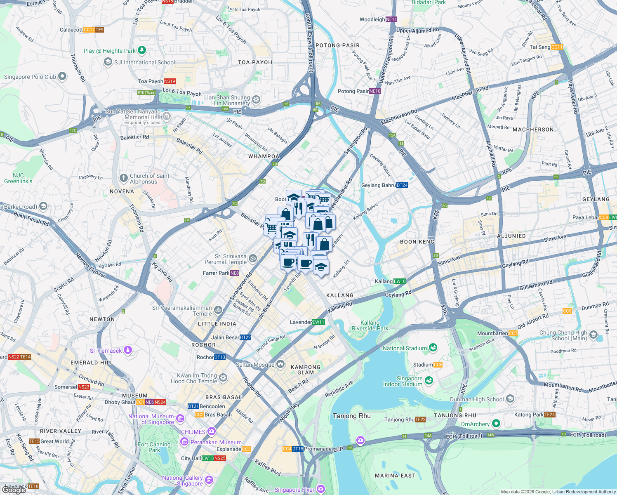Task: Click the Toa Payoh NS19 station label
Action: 156,81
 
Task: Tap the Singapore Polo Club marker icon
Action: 62,76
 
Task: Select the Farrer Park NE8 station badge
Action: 234,273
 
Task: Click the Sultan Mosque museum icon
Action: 280,364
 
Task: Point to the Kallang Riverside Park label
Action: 370,325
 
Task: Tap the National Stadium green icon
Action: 433,348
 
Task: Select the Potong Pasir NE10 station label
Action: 359,91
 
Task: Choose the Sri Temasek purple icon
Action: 128,350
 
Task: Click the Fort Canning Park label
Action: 154,447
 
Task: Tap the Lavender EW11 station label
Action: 307,322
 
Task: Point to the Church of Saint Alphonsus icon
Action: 123,178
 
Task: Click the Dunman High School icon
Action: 510,399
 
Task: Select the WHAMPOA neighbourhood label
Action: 264,156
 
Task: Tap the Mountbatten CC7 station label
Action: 497,333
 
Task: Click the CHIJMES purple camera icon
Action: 212,431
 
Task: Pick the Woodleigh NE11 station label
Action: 378,19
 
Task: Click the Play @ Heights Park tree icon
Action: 142,50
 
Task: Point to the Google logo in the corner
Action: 14,490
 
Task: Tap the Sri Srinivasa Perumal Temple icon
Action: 253,259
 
